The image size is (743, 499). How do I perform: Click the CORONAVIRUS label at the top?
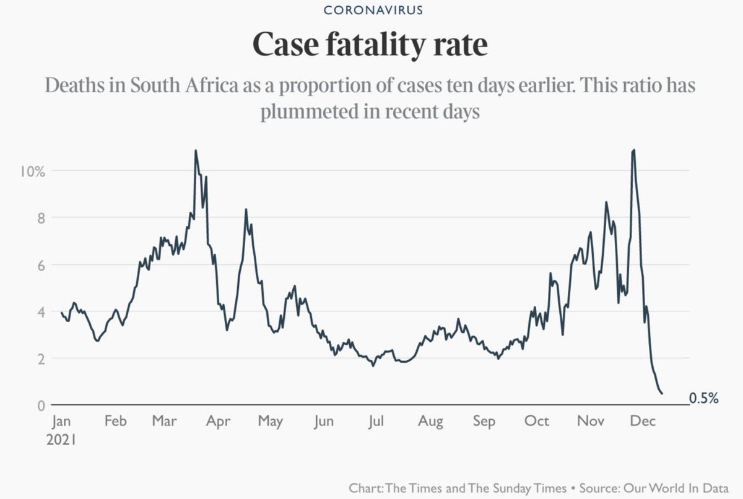tap(371, 11)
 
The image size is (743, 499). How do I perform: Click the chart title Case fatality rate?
tap(371, 45)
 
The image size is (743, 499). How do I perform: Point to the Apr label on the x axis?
tap(219, 422)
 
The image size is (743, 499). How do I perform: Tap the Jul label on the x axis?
tap(377, 422)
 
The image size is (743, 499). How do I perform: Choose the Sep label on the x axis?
tap(484, 422)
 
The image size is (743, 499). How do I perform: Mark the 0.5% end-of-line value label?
tap(703, 399)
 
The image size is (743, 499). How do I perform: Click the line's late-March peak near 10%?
tap(196, 150)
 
